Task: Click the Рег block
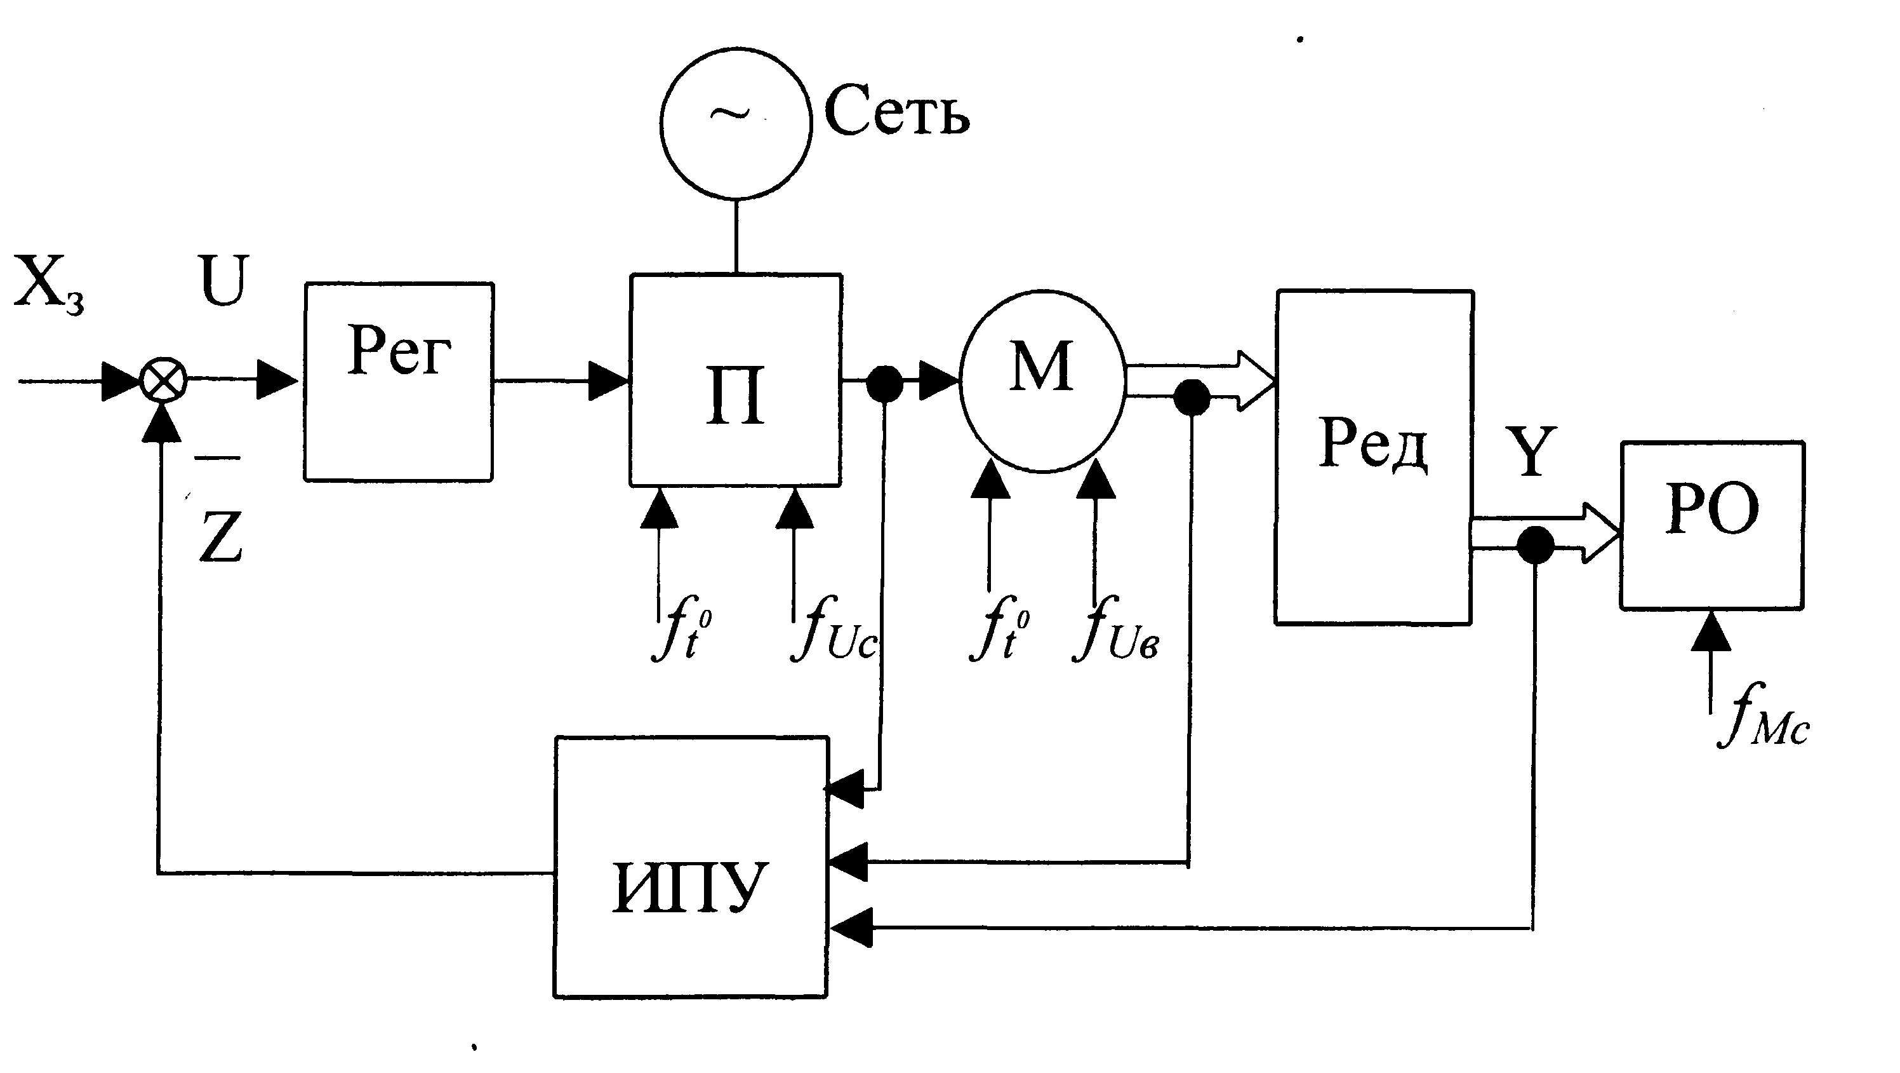click(x=398, y=382)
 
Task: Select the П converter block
click(x=735, y=380)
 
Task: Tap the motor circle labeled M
click(x=1042, y=381)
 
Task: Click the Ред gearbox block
click(x=1374, y=457)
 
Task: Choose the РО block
click(x=1712, y=525)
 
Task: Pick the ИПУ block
click(x=691, y=867)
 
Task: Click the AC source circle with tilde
click(x=735, y=123)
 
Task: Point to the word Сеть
click(x=896, y=111)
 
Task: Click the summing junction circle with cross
click(x=164, y=382)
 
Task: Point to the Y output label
click(x=1531, y=452)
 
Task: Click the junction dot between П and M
click(x=884, y=384)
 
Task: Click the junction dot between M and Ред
click(x=1191, y=398)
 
